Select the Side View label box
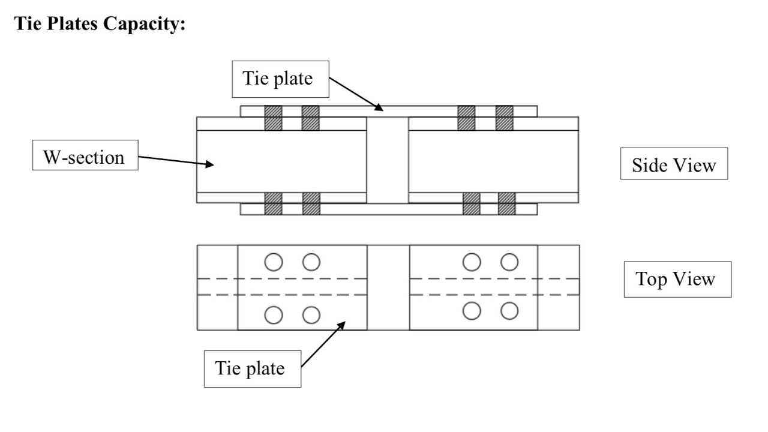pos(674,164)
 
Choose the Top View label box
pos(677,279)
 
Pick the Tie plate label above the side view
pos(281,79)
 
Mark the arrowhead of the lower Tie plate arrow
pos(344,323)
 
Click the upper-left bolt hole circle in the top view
pos(274,262)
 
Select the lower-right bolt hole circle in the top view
pos(509,311)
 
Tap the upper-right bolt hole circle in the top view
pos(509,262)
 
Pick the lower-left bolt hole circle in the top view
pos(274,314)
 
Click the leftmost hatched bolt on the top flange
pos(274,118)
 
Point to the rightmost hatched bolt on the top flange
pos(505,118)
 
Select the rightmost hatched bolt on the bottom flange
pos(507,203)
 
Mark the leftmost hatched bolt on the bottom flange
pos(274,203)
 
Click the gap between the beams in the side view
pos(388,160)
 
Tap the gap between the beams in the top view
pos(388,287)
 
